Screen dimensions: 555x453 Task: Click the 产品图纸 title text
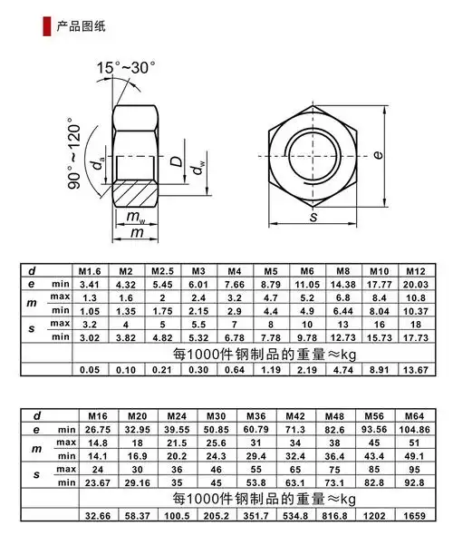(81, 25)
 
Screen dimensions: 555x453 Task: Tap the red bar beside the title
(47, 25)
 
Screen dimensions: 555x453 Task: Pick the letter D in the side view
(180, 165)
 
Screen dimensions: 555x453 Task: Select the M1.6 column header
(89, 271)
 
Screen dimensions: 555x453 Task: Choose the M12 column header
(415, 271)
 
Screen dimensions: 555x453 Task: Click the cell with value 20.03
(415, 285)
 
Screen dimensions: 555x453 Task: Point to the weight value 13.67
(415, 370)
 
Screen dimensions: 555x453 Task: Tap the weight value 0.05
(89, 370)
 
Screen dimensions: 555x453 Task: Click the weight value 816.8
(335, 514)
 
